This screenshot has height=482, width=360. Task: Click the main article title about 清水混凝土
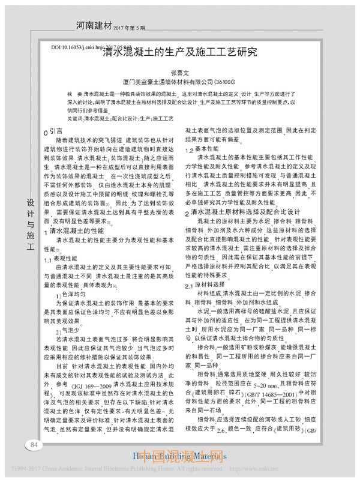click(179, 52)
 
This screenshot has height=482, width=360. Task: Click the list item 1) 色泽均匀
click(74, 295)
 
